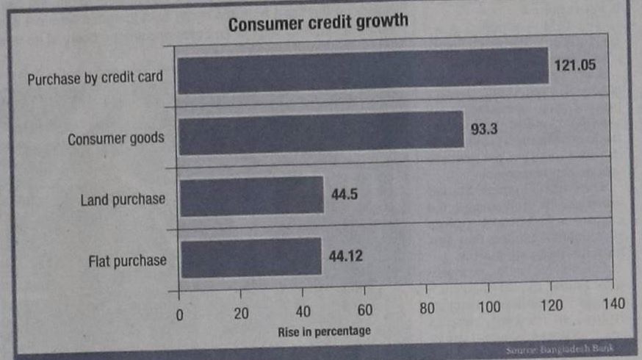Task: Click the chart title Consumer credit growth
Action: [317, 24]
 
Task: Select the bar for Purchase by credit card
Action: [363, 71]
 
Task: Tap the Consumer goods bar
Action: [321, 133]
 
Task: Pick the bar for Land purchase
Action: [251, 195]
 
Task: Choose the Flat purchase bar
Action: [250, 256]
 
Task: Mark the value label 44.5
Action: [344, 193]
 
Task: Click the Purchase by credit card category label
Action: [95, 79]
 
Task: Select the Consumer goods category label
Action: [116, 138]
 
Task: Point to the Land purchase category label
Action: [123, 199]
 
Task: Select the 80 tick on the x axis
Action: [427, 309]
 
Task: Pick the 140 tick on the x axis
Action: [613, 304]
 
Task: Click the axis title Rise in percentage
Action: [324, 331]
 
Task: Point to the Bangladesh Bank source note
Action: [560, 349]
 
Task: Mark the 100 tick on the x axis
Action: [489, 307]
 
